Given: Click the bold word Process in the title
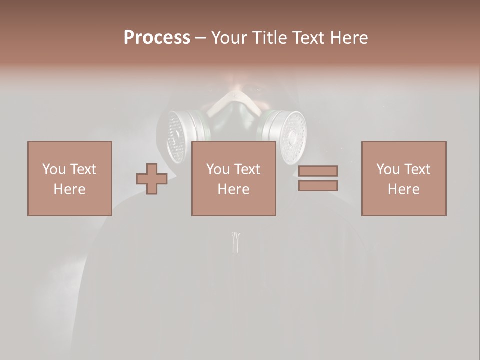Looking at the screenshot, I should point(157,37).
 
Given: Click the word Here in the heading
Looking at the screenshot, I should point(348,37).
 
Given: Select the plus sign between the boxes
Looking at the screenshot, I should point(152,178).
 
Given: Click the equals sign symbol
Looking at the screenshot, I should point(318,178).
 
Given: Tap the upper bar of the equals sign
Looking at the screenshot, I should point(318,171).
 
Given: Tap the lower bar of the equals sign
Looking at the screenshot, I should point(318,186).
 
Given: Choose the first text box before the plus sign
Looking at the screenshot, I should point(69,178).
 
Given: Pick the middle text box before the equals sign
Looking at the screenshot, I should point(233,178).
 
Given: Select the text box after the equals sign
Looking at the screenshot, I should point(403,178).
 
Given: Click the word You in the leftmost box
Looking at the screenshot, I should point(53,169).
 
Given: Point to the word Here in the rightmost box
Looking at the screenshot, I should point(403,189).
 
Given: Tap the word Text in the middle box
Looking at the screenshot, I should point(247,169).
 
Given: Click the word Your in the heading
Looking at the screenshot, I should point(228,37).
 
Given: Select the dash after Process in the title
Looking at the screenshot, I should point(200,37).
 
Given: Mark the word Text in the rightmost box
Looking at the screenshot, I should point(417,169).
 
